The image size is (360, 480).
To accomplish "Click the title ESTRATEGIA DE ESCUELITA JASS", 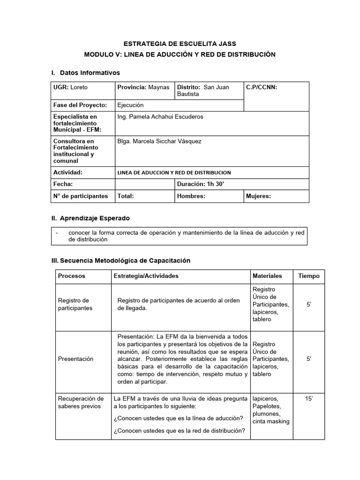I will (180, 44).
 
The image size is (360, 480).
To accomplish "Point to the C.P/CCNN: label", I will (262, 87).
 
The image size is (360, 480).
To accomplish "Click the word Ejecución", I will (130, 105).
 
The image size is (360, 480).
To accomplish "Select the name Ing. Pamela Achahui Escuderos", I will (160, 117).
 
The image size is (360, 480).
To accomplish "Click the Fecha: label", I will (63, 184).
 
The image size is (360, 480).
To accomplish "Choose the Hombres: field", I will (191, 196).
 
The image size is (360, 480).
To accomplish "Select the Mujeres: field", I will (258, 196).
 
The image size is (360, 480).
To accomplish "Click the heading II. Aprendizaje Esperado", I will (90, 218).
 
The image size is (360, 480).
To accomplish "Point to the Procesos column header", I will (72, 276).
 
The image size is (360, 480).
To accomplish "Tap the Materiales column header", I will (267, 276).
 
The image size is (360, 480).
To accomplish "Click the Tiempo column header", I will (308, 276).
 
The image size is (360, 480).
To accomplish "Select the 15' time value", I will (308, 398).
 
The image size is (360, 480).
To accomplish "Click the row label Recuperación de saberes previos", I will (81, 402).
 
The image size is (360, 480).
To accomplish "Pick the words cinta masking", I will (270, 421).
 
